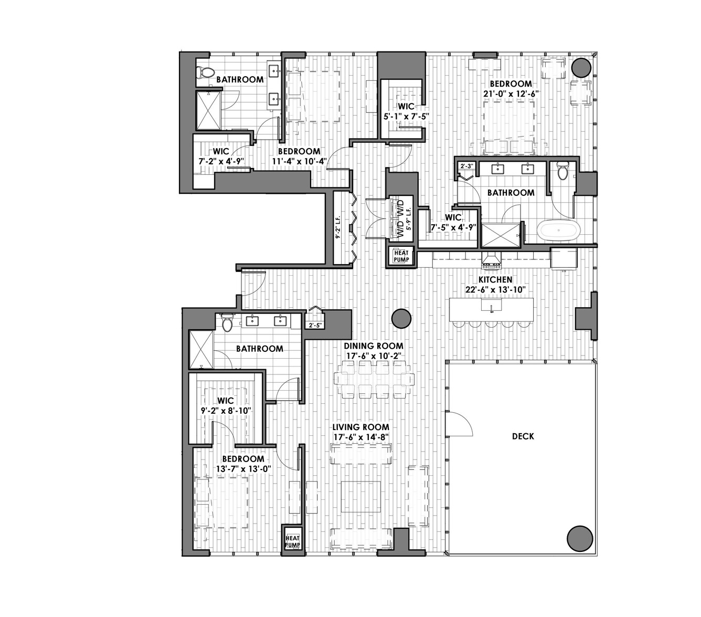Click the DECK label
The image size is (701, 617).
523,436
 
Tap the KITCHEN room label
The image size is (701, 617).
495,279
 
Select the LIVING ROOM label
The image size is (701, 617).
361,427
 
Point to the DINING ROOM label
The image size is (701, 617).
374,346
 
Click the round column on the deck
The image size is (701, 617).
580,539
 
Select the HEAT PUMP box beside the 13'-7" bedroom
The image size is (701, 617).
292,541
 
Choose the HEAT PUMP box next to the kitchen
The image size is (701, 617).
401,257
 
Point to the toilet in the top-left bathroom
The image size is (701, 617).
204,72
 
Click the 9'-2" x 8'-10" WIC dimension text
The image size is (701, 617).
226,411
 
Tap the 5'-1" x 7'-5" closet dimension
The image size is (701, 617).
406,117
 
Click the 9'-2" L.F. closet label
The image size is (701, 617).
338,227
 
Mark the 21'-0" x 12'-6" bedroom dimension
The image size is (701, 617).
511,93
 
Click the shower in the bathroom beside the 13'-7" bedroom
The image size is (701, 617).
200,350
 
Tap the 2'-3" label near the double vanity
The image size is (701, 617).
467,166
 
